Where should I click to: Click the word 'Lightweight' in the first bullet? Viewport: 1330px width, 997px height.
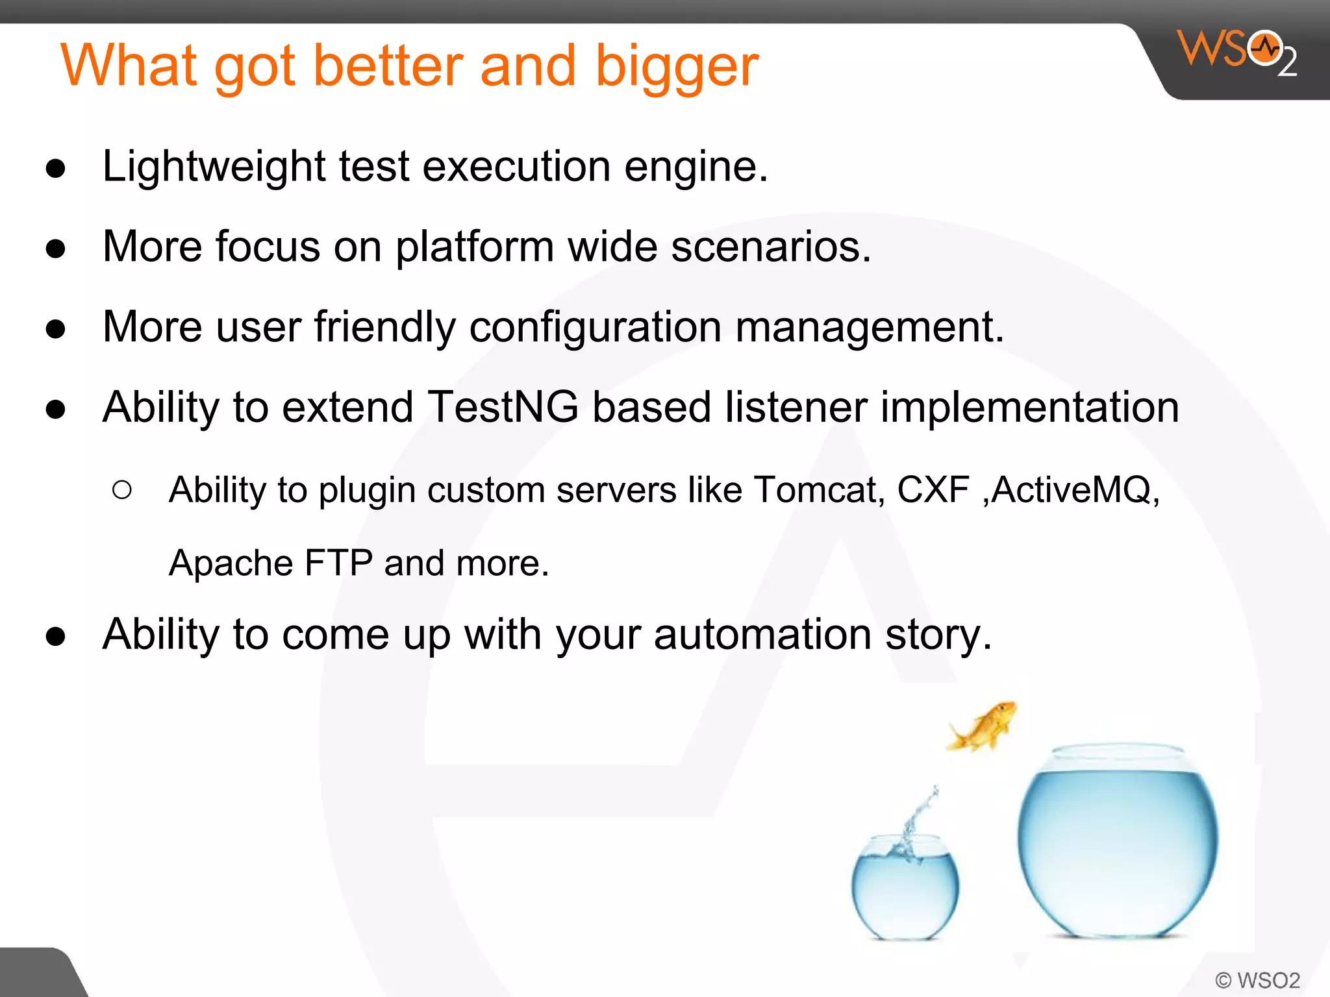[214, 167]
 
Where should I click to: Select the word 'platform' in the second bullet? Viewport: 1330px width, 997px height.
[474, 248]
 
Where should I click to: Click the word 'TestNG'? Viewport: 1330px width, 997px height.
[503, 408]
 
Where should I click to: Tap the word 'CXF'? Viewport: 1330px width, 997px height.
[933, 490]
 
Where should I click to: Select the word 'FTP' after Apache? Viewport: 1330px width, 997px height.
[338, 563]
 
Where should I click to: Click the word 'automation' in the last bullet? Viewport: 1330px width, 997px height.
[762, 635]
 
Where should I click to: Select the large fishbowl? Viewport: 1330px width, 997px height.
[1117, 844]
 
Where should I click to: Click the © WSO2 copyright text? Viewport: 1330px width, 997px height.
[1257, 980]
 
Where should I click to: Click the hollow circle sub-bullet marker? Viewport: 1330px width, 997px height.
[122, 489]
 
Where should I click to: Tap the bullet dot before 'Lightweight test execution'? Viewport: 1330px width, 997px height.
[56, 169]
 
